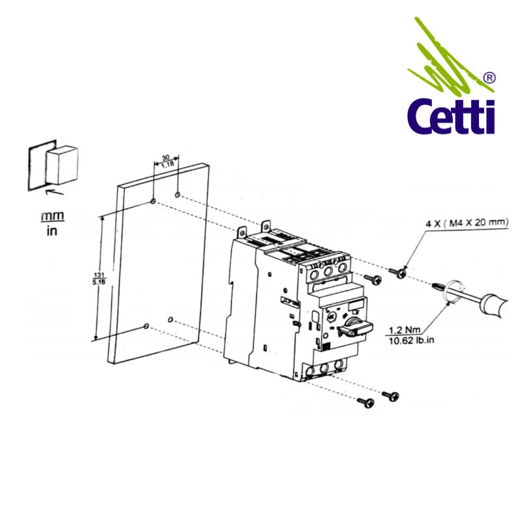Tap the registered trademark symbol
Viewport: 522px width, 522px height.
(x=487, y=78)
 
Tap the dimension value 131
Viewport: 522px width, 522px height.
(x=96, y=275)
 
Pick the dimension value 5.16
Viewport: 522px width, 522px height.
(x=96, y=282)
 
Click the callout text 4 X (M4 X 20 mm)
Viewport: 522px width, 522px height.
(x=467, y=223)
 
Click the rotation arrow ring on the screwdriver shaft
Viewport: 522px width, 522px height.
(x=450, y=291)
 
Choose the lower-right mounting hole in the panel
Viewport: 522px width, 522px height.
(x=170, y=320)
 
